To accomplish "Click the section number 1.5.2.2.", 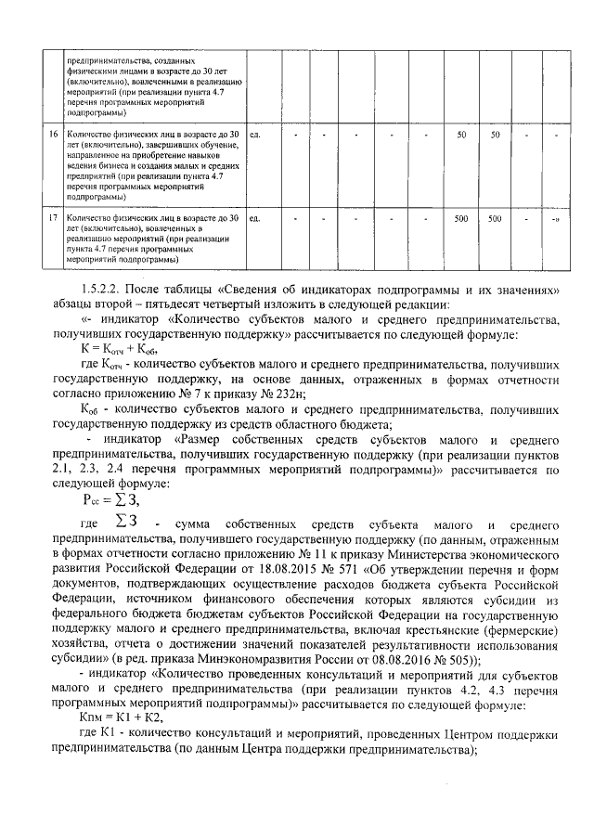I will click(x=104, y=289).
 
